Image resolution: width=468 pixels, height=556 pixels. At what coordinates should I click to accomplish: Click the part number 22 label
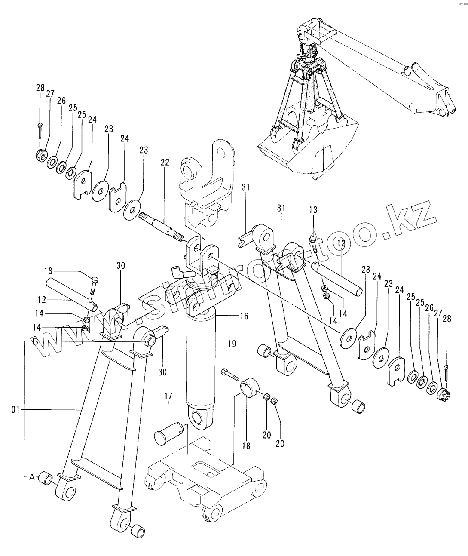click(165, 163)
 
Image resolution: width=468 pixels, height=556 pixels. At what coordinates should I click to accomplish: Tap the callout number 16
click(244, 316)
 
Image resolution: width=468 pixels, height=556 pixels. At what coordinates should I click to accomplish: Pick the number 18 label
click(246, 446)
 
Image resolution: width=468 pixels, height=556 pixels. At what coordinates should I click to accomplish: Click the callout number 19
click(232, 344)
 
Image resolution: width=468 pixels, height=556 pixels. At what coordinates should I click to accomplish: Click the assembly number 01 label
click(15, 410)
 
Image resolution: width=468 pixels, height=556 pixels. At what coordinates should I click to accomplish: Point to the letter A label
click(31, 477)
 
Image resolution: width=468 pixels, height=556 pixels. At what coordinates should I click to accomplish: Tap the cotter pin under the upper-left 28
click(40, 129)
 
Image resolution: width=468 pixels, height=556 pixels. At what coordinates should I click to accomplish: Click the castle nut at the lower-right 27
click(444, 394)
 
